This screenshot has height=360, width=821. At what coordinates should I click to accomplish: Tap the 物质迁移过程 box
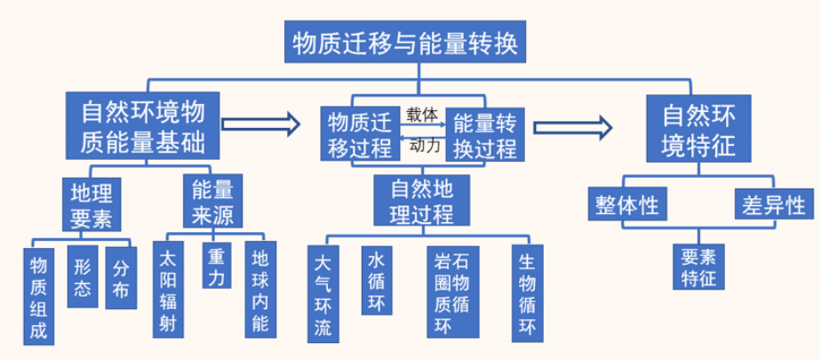tap(359, 133)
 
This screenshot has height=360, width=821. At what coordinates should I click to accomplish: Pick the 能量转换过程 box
tap(484, 133)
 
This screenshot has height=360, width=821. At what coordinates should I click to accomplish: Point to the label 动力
tap(423, 147)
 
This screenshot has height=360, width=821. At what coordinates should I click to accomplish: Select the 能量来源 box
tap(211, 202)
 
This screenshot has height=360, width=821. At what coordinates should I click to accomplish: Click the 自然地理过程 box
tap(410, 201)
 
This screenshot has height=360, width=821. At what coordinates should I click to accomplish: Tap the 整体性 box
tap(625, 204)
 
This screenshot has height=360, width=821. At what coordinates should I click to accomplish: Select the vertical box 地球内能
tap(259, 290)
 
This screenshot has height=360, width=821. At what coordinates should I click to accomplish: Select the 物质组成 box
tap(37, 297)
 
